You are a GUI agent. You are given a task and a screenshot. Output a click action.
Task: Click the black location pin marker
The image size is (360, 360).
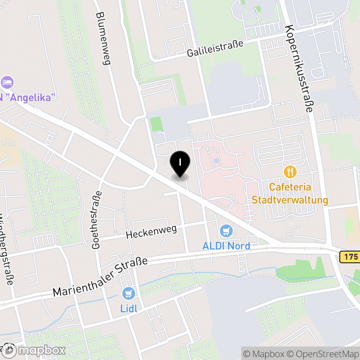click(180, 164)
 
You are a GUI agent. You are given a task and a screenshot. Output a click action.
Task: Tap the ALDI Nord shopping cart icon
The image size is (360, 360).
click(226, 231)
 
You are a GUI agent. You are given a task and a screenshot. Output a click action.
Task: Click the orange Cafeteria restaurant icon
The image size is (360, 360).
click(290, 171)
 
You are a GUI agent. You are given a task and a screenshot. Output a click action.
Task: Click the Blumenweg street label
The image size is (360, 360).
click(103, 38)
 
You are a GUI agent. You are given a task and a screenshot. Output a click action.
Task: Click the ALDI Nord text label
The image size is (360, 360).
click(226, 246)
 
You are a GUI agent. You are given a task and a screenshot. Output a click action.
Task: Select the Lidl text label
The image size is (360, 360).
click(128, 309)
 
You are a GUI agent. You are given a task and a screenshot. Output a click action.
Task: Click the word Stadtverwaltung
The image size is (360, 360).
click(290, 200)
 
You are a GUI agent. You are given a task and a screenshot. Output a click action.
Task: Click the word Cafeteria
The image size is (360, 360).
click(290, 187)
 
